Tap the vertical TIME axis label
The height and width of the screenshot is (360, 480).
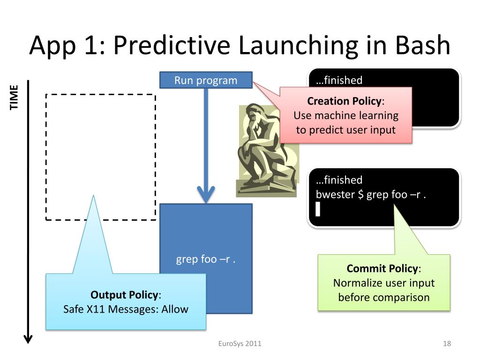coord(14,97)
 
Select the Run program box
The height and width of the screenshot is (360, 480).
coord(206,80)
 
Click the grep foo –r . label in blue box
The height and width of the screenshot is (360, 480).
coord(206,259)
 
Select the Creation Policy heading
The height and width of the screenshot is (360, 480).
coord(345,101)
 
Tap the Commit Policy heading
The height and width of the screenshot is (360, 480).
coord(382,269)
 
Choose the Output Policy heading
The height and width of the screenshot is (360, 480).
coord(124,295)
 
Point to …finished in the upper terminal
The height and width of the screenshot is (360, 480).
coord(339,80)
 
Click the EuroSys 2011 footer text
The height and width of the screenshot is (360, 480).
coord(240,344)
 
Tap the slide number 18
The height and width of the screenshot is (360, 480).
coord(447,344)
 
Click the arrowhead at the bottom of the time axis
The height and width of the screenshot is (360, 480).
coord(28,338)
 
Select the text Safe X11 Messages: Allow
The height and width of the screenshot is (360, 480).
coord(126,309)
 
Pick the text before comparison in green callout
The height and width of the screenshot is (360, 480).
coord(383,297)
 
